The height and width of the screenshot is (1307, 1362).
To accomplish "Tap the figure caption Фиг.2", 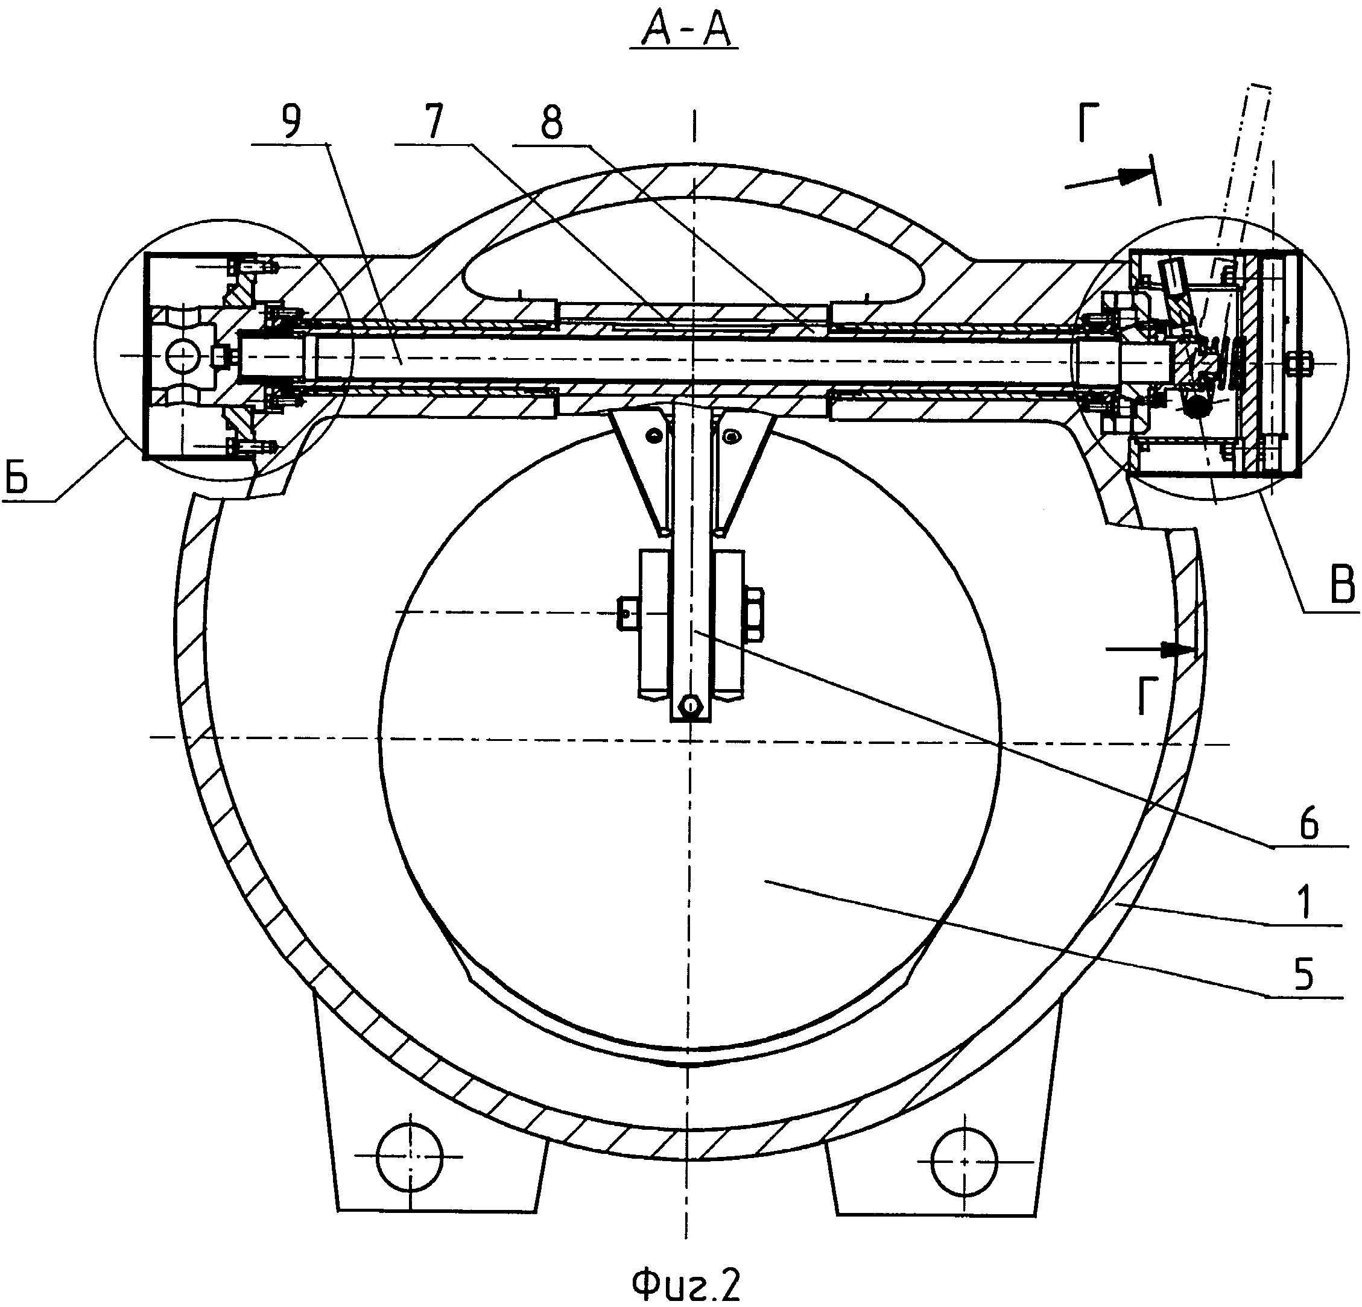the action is coord(686,1285).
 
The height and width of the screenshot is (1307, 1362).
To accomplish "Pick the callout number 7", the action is coord(433,122).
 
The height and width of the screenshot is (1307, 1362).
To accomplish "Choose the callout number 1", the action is coord(1307,905).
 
